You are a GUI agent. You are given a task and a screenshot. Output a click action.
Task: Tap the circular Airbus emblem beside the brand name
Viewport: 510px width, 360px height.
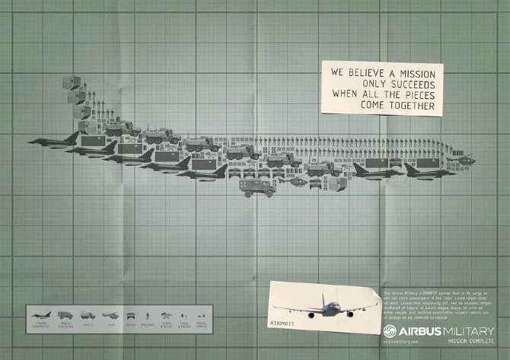click(x=390, y=332)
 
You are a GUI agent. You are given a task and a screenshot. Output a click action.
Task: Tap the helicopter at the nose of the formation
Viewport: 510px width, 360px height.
click(x=465, y=159)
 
